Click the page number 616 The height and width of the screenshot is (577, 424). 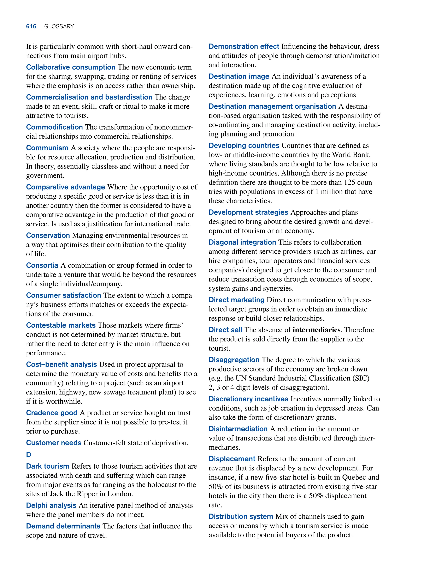pyautogui.click(x=31, y=27)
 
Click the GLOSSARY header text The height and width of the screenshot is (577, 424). pyautogui.click(x=59, y=27)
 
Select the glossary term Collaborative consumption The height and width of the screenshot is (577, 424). pyautogui.click(x=71, y=67)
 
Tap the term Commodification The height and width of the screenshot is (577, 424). pyautogui.click(x=54, y=127)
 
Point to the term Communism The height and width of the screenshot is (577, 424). pyautogui.click(x=47, y=148)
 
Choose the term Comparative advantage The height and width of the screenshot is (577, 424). pyautogui.click(x=65, y=187)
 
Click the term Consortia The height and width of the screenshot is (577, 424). pyautogui.click(x=42, y=265)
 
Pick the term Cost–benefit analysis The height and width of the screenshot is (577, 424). pyautogui.click(x=61, y=364)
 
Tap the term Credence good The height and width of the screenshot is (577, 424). pyautogui.click(x=52, y=413)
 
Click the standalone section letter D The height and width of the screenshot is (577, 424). pyautogui.click(x=29, y=454)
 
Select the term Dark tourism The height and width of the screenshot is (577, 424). pyautogui.click(x=47, y=466)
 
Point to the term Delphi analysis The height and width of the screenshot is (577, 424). pyautogui.click(x=51, y=505)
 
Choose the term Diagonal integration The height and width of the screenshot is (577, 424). pyautogui.click(x=242, y=242)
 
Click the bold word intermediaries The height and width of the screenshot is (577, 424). pyautogui.click(x=317, y=330)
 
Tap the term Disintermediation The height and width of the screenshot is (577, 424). pyautogui.click(x=238, y=429)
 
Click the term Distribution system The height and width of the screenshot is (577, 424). pyautogui.click(x=241, y=516)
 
